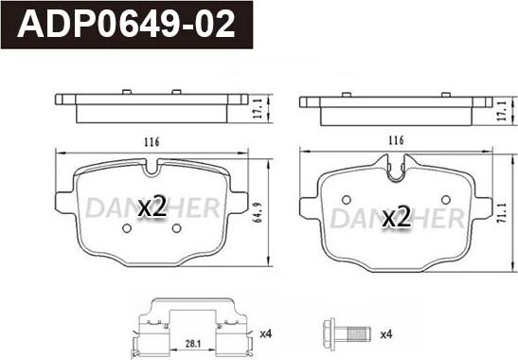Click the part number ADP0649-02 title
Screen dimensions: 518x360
[x=126, y=25]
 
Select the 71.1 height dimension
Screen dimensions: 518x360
[x=502, y=212]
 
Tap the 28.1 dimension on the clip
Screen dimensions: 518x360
[x=193, y=344]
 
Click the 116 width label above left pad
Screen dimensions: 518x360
[x=152, y=142]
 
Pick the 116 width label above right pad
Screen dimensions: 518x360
[x=396, y=140]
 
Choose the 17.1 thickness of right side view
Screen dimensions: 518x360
[x=502, y=111]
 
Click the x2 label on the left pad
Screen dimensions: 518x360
[x=152, y=207]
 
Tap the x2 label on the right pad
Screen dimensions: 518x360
[x=396, y=217]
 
